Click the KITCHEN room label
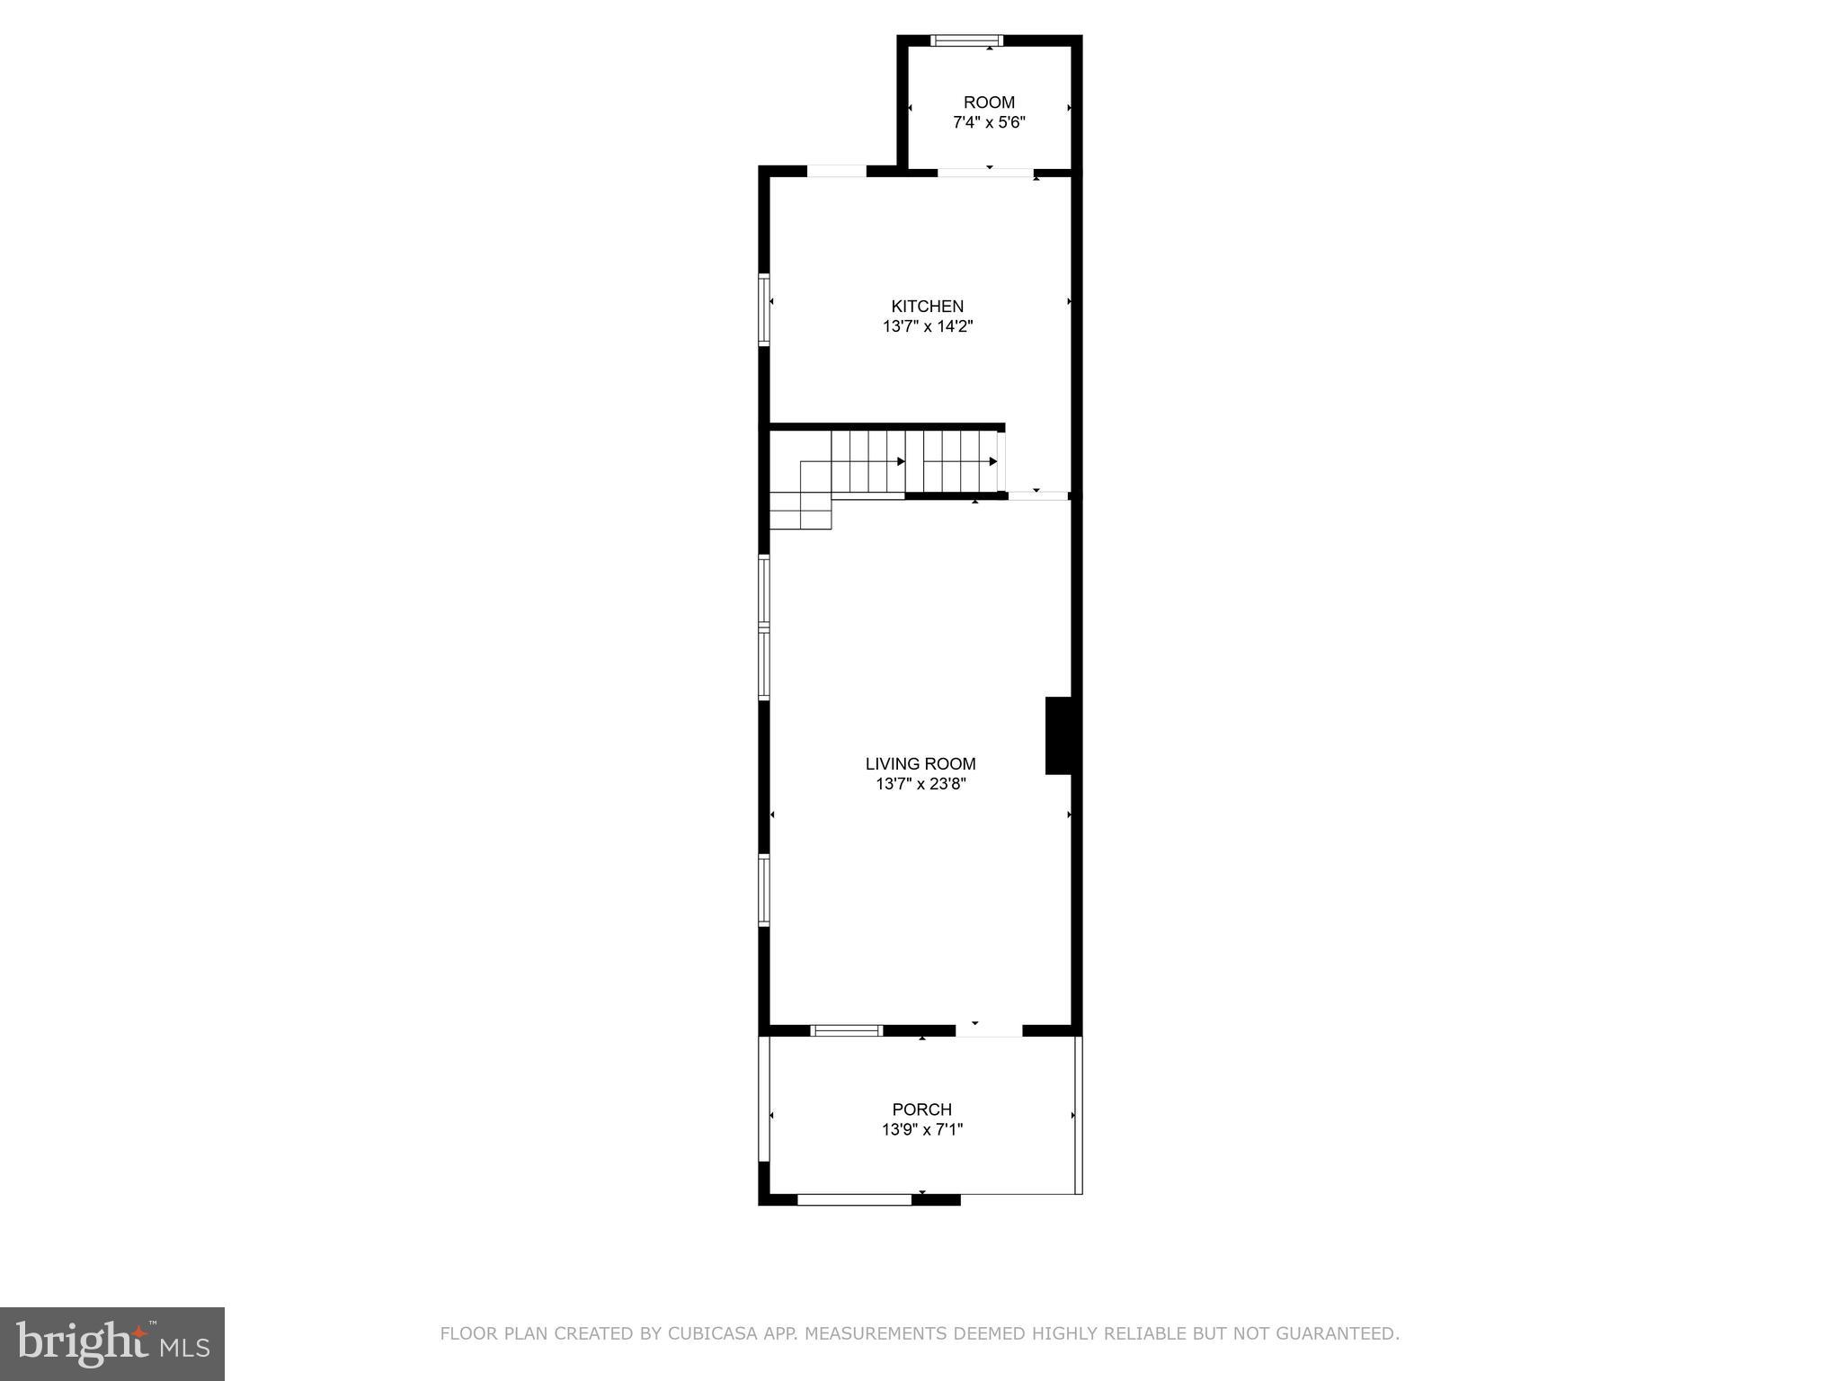tap(927, 306)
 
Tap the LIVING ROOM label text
tap(920, 763)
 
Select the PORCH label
tap(921, 1109)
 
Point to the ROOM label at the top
tap(989, 102)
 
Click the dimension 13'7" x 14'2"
tap(927, 326)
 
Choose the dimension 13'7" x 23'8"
tap(920, 784)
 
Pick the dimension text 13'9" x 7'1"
tap(921, 1130)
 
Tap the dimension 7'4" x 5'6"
tap(989, 122)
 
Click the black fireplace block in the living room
tap(1058, 735)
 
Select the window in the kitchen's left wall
tap(764, 309)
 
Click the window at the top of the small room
tap(966, 40)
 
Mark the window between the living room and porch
tap(846, 1030)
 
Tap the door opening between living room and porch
tap(989, 1030)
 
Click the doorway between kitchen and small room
tap(985, 172)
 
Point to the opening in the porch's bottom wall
tap(854, 1198)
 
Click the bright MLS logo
tap(112, 1343)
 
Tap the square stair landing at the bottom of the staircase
tap(800, 511)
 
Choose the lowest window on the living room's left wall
tap(764, 890)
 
